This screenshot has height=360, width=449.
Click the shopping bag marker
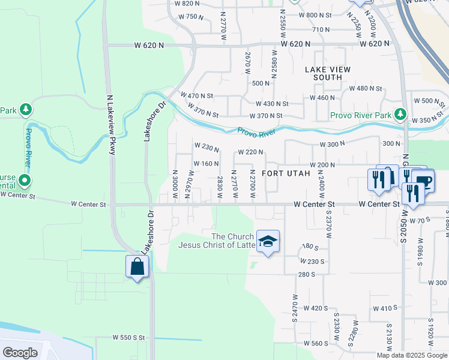[x=137, y=266]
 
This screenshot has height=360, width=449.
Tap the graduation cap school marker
[x=268, y=242]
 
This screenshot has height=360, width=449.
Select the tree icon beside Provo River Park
[x=400, y=114]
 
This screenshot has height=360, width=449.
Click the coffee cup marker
[x=424, y=181]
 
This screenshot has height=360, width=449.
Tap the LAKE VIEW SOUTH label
[x=328, y=74]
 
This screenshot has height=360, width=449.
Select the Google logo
[x=20, y=353]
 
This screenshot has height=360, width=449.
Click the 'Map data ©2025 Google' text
[x=412, y=355]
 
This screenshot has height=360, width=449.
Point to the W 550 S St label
[x=128, y=338]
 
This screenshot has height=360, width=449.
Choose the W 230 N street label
[x=206, y=145]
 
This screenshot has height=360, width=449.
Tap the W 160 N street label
[x=206, y=164]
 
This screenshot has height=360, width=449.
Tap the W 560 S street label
[x=316, y=344]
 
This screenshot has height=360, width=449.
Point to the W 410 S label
[x=382, y=308]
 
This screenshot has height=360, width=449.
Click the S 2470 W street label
[x=295, y=307]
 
